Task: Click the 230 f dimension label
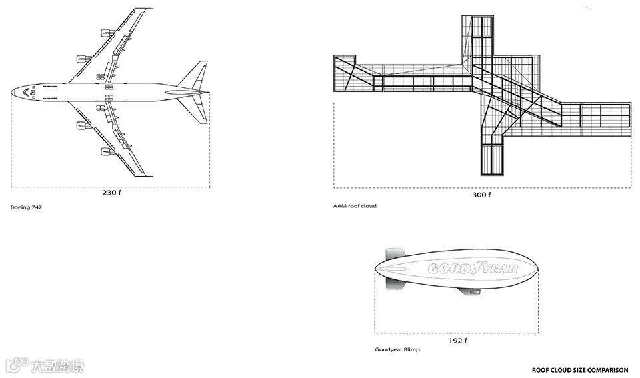pos(111,193)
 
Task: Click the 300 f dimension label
pos(481,195)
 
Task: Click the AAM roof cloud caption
pos(355,206)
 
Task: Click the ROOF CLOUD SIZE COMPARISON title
pos(580,369)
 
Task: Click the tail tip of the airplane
pos(207,93)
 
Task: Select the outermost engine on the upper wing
pos(106,31)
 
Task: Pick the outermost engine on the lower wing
pos(106,152)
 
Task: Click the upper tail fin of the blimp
pos(395,254)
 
